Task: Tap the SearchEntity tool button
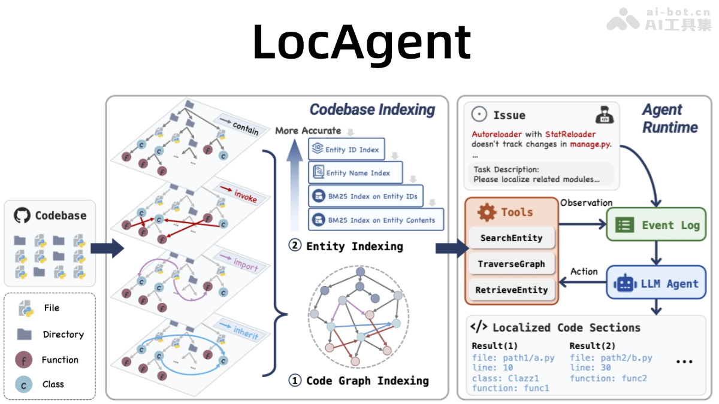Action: tap(511, 238)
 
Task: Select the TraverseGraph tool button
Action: tap(511, 264)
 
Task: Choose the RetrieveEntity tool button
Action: tap(511, 290)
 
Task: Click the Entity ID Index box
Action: tap(346, 150)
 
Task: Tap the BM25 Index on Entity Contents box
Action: tap(376, 220)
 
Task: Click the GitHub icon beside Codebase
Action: tap(22, 216)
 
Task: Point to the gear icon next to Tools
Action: tap(486, 212)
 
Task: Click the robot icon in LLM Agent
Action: tap(624, 283)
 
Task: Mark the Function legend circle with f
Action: tap(23, 360)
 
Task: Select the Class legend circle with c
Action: tap(23, 385)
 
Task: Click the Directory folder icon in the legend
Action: tap(24, 334)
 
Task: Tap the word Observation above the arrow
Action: tap(586, 203)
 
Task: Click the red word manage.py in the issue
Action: tap(591, 144)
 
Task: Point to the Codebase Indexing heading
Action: tap(372, 110)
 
